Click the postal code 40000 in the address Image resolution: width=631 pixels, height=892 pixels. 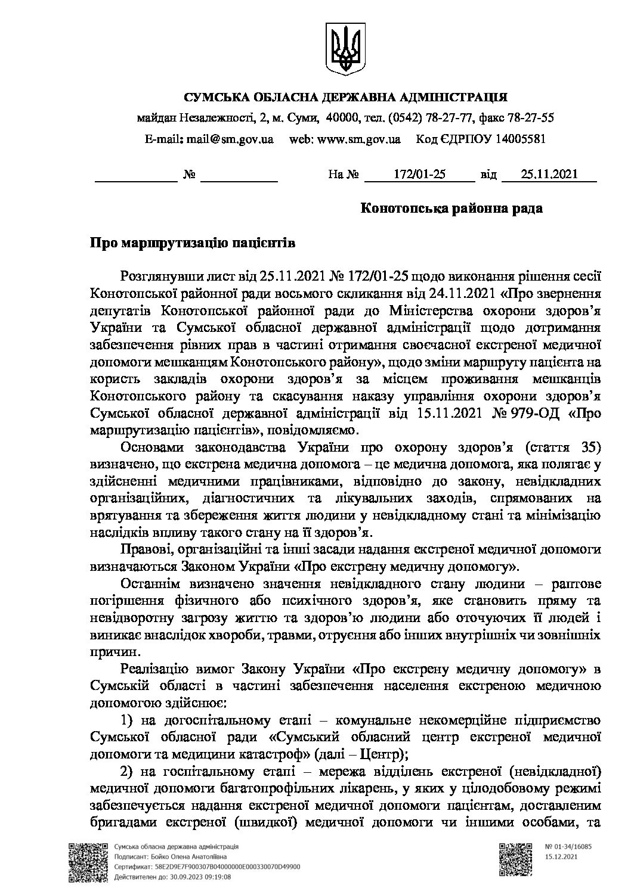click(345, 118)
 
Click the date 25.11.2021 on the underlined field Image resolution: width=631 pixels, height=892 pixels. click(549, 175)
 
